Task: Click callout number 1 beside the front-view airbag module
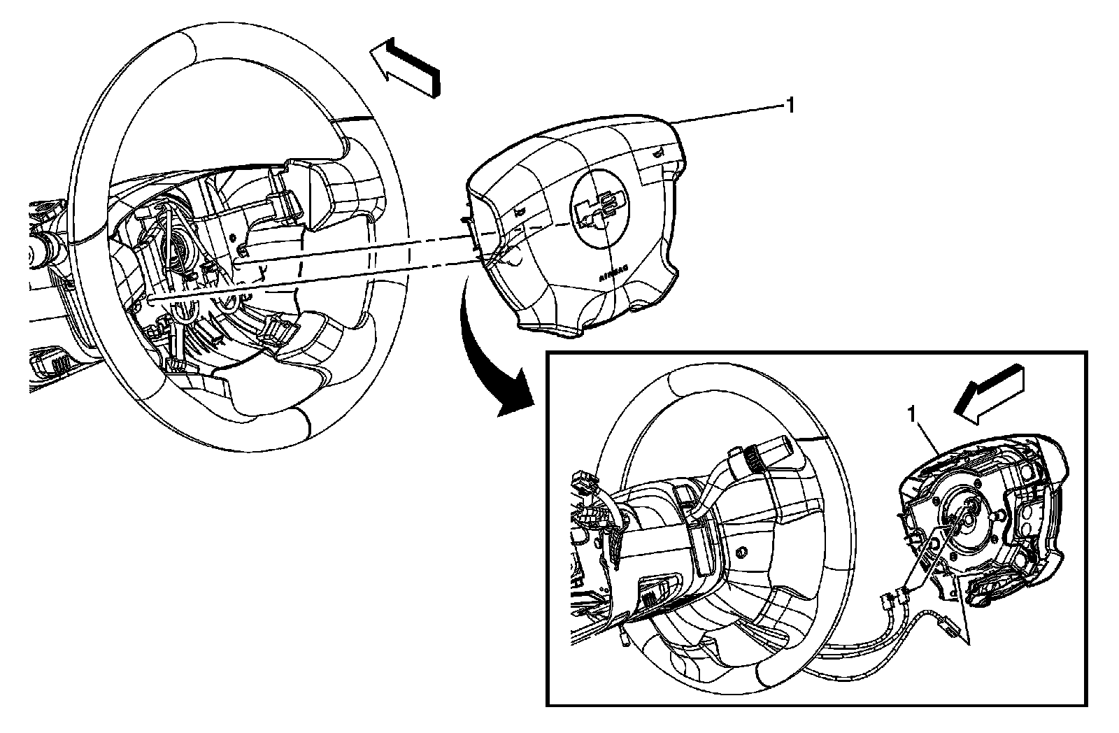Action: click(790, 106)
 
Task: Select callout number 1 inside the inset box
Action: click(911, 415)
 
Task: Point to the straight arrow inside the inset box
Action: click(991, 396)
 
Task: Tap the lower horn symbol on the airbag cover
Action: click(518, 211)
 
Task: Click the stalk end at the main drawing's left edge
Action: click(38, 248)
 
